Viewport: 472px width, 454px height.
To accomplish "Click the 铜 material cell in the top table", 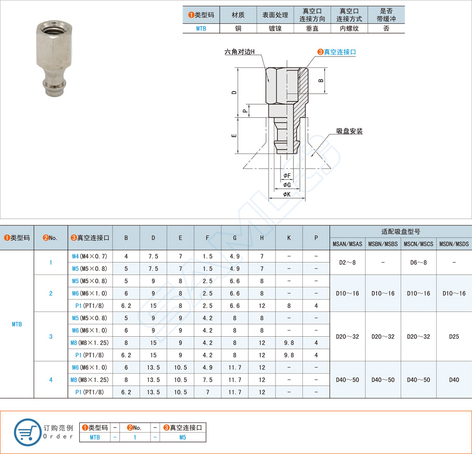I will coord(238,29).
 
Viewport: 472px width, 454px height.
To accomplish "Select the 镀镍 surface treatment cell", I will coord(275,29).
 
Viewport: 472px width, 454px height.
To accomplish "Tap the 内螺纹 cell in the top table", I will coord(349,29).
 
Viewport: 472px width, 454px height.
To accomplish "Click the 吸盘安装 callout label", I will coord(349,131).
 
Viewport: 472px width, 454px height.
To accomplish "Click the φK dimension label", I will coord(287,194).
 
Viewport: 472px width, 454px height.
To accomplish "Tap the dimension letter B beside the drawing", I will coord(321,80).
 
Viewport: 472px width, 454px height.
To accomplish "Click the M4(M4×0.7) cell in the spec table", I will coord(90,256).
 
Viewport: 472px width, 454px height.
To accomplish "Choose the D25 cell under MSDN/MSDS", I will coord(454,336).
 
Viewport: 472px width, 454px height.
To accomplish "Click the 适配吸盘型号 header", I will coord(400,231).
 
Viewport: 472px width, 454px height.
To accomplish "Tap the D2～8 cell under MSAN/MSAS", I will coord(348,263).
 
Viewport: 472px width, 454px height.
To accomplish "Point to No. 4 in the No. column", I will coord(51,380).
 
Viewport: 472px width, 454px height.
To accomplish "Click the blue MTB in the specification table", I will coord(17,324).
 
